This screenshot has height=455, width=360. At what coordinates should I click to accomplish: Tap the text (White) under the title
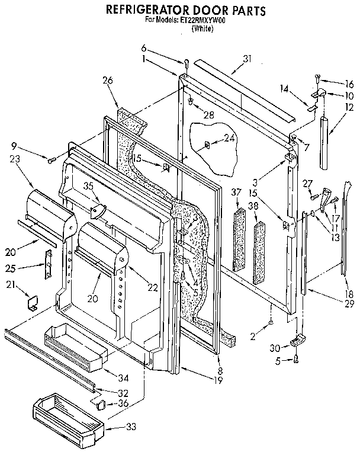[202, 28]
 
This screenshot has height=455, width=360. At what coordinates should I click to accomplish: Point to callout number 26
[107, 81]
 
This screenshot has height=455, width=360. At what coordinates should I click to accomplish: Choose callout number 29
[349, 303]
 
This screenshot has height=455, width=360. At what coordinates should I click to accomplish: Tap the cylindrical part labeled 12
[325, 142]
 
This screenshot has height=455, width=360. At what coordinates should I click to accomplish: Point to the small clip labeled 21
[33, 303]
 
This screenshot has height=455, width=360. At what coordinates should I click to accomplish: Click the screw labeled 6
[185, 63]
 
